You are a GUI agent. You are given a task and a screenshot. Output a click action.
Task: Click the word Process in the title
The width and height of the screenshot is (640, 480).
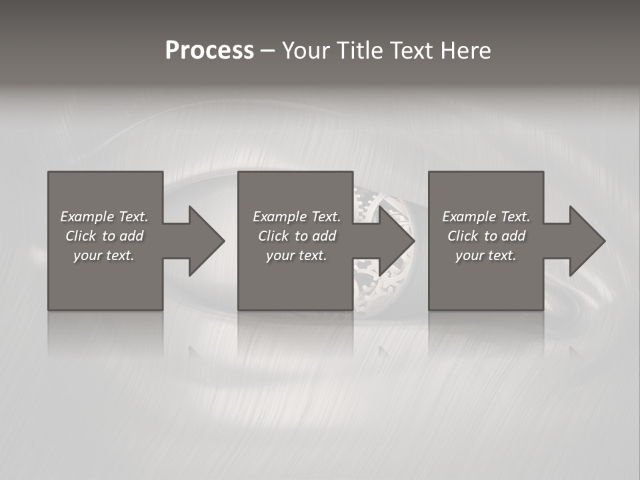click(x=209, y=51)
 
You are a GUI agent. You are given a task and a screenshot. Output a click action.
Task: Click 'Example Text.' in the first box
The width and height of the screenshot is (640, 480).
click(x=104, y=217)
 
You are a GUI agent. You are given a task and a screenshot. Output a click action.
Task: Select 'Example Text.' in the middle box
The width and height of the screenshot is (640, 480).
click(x=297, y=217)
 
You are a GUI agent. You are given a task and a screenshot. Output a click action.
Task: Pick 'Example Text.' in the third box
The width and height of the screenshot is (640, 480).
click(x=486, y=217)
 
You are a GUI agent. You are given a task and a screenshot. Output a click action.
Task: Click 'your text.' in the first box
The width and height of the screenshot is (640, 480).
click(x=104, y=255)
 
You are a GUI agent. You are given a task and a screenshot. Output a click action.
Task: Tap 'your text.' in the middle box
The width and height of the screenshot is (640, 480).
click(x=297, y=255)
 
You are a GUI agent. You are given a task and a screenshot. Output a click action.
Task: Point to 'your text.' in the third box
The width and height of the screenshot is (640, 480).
click(x=486, y=255)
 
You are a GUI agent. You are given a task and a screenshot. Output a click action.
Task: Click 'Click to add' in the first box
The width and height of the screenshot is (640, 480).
click(x=104, y=236)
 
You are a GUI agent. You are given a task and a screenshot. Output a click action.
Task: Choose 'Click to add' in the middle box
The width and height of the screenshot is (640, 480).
click(x=297, y=236)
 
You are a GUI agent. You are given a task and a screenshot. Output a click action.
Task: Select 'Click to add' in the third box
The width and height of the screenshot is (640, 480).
click(x=486, y=236)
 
